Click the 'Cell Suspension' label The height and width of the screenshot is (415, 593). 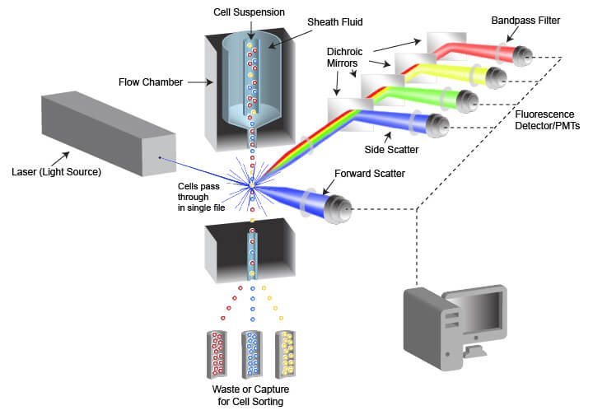(x=250, y=12)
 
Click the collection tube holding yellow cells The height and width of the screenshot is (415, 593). (x=285, y=352)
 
